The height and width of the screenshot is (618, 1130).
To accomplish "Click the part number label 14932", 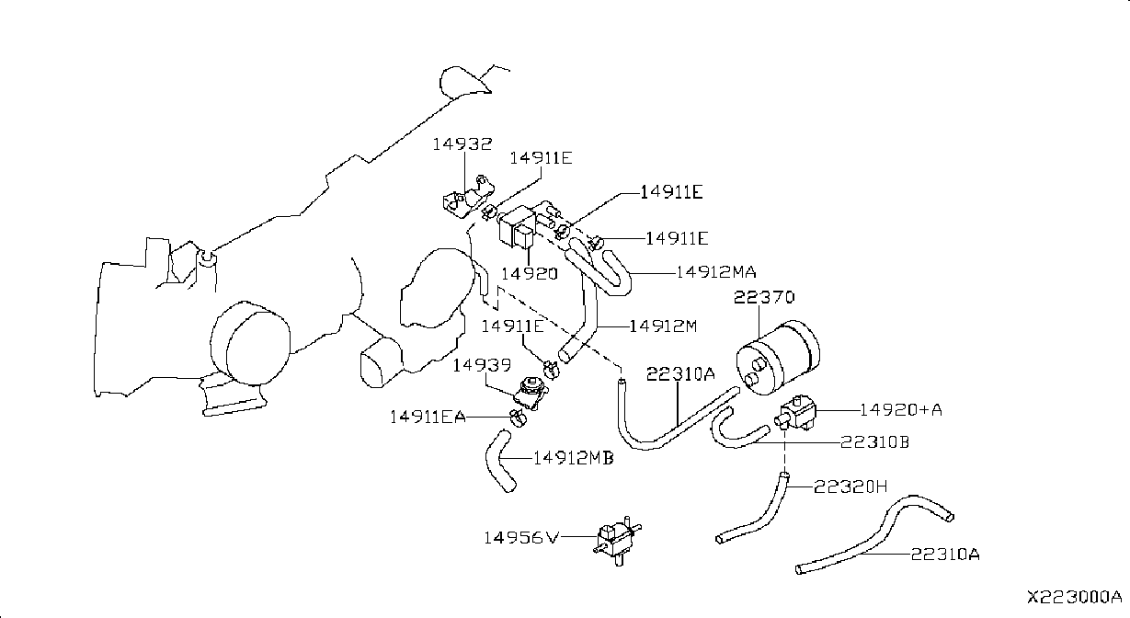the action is [462, 144].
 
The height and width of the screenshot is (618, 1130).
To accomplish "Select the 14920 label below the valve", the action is [530, 274].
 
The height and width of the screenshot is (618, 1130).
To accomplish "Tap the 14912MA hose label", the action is [716, 272].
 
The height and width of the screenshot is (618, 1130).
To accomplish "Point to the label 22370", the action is [764, 297].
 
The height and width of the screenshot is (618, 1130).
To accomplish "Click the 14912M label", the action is [663, 326].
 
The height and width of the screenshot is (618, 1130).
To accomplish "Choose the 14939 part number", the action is [482, 365].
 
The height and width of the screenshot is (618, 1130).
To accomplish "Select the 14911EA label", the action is [428, 418].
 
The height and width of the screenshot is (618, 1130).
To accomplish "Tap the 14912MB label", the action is [574, 458].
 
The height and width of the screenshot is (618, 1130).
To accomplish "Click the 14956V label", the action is [521, 538].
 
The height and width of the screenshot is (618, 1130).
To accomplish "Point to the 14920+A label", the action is [900, 410].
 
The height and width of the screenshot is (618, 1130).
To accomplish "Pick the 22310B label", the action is [874, 442].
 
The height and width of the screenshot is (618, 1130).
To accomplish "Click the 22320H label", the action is [850, 486].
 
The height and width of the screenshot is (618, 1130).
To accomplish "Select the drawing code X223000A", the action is [1075, 598].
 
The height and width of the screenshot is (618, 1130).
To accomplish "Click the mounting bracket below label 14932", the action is [468, 197].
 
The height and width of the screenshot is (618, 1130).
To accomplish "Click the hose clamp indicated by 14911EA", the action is [517, 418].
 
